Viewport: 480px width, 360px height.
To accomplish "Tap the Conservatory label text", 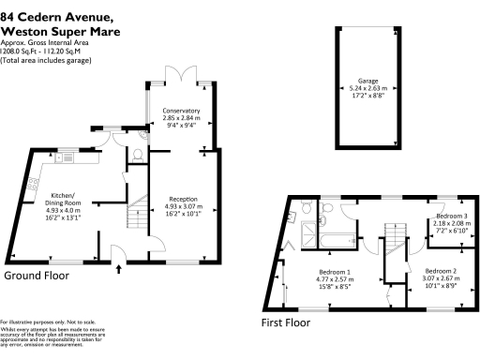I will coord(180,112).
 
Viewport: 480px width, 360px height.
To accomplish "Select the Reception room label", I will coord(182,199).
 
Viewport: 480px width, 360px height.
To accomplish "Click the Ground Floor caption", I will coord(37,277).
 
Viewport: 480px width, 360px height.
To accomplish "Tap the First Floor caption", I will coord(297,323).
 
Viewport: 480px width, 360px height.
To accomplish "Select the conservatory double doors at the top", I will coord(186,73).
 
